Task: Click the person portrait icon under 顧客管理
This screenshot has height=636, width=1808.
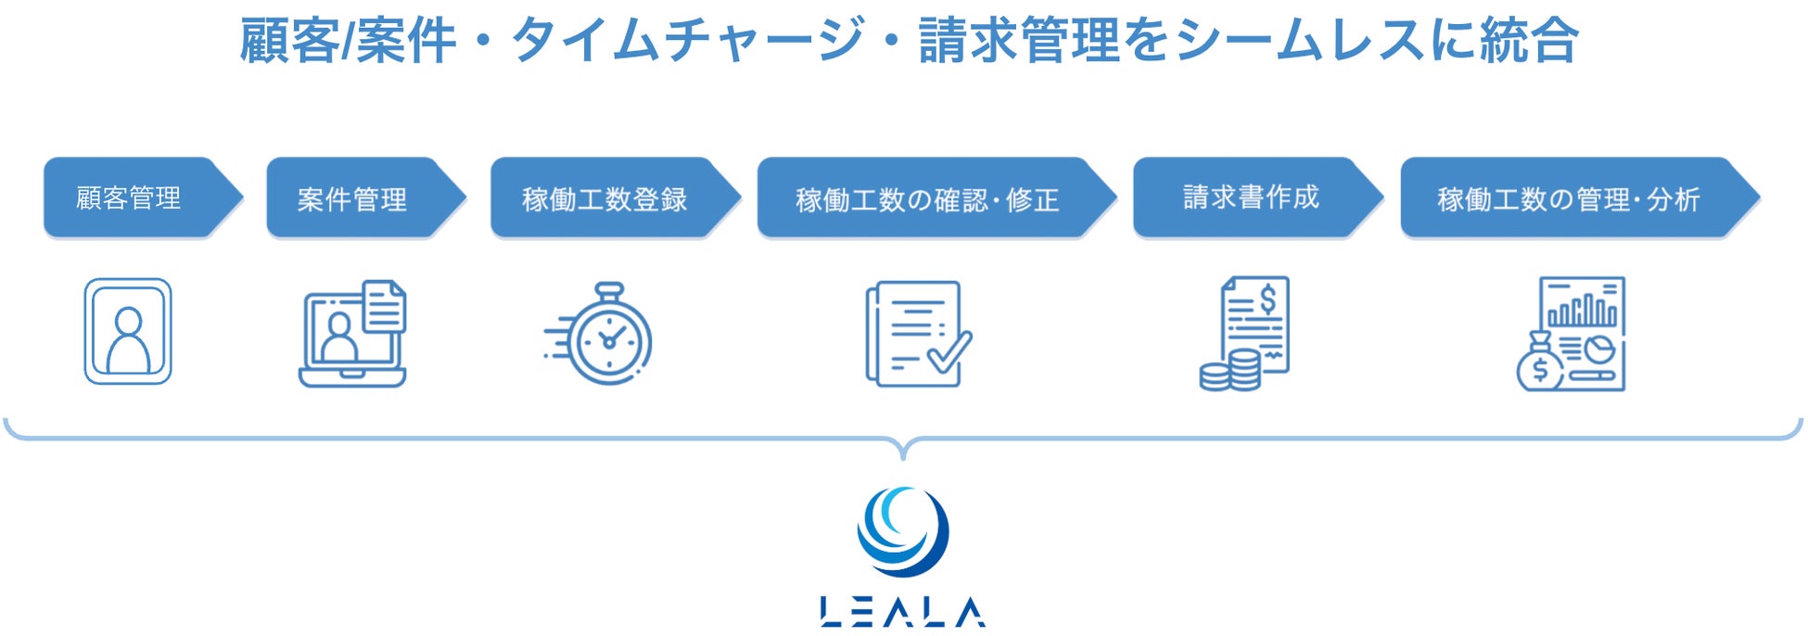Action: click(128, 331)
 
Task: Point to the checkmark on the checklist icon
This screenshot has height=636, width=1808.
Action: click(949, 352)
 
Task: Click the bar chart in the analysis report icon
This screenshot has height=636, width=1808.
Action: click(1583, 310)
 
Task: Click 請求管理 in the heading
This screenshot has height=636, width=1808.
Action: click(1020, 41)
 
